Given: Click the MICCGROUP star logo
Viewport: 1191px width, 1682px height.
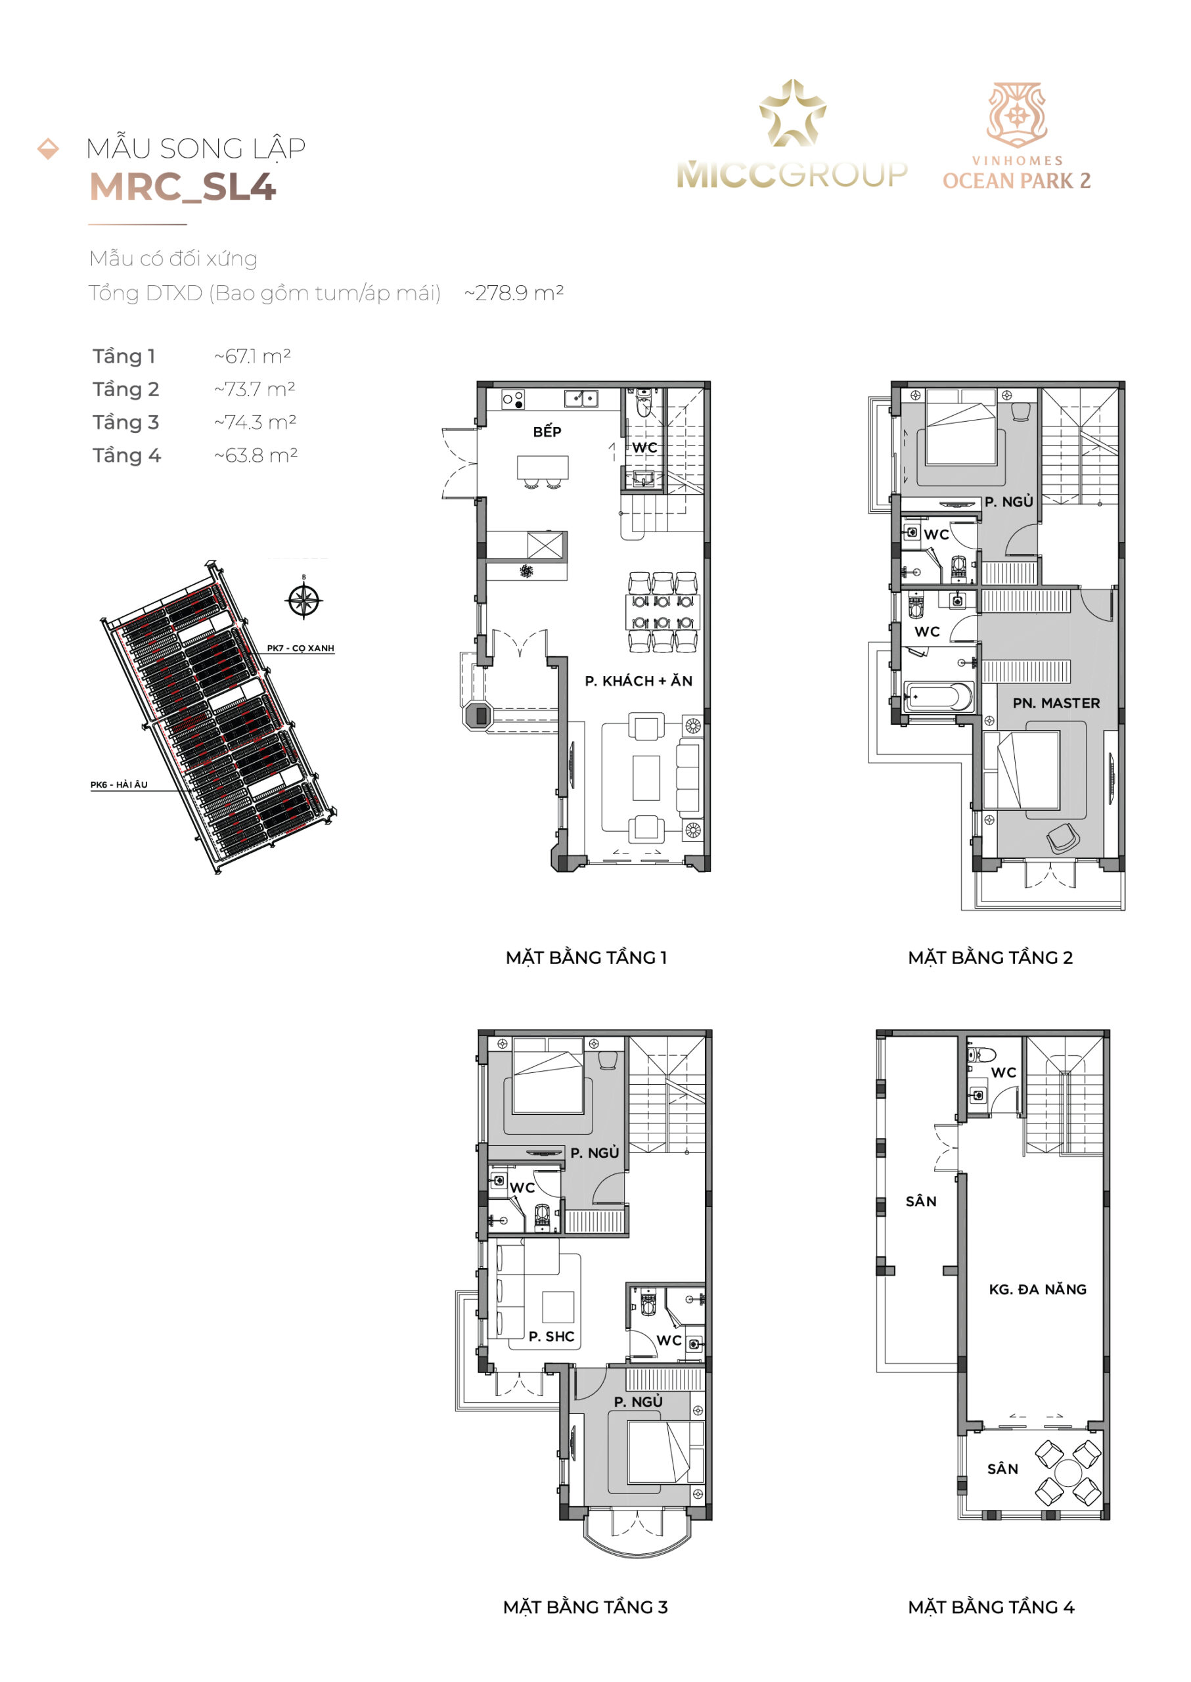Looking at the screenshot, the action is [x=792, y=113].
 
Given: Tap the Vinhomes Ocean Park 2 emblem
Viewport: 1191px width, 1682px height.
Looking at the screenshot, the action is [x=1016, y=114].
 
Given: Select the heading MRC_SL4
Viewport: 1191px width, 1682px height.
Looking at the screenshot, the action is [x=183, y=187].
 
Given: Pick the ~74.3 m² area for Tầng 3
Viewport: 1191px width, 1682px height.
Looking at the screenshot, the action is [x=255, y=422].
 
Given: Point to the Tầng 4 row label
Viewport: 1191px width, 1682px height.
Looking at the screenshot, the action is [x=126, y=455].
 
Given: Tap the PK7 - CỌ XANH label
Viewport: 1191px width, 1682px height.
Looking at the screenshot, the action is [x=300, y=648].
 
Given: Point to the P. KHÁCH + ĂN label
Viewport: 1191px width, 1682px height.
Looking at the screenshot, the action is [x=638, y=681].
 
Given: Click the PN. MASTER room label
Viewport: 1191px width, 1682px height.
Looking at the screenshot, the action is [x=1056, y=703].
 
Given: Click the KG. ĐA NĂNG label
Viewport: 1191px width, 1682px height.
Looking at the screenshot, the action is [x=1037, y=1289].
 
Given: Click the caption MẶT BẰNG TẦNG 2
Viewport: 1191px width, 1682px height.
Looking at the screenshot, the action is [x=990, y=957].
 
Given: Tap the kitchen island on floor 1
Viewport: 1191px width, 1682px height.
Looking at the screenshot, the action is [x=543, y=466].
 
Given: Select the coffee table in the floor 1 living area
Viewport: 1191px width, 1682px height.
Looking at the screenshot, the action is [x=646, y=777].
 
